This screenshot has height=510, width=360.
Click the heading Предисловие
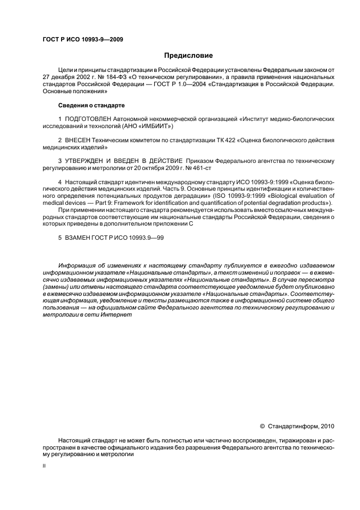pos(188,56)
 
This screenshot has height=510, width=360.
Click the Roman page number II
pos(44,466)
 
